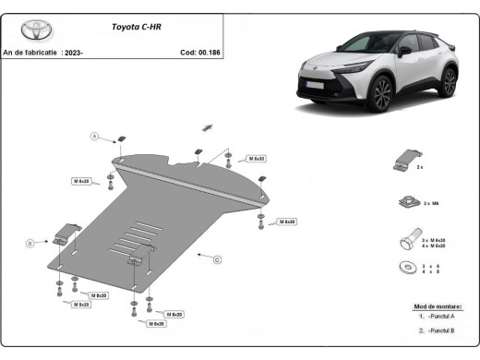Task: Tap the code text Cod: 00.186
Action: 200,53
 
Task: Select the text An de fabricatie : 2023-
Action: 43,53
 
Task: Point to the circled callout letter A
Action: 93,138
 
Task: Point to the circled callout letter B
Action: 30,243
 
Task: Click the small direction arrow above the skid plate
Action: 208,126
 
